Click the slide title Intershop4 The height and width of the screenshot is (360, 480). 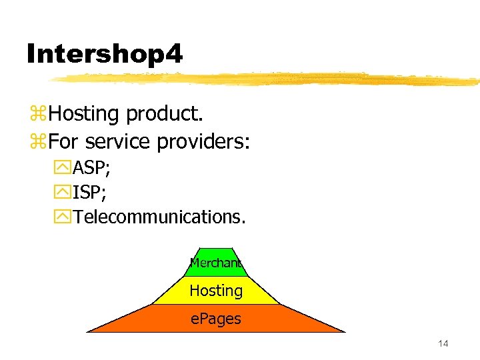(104, 54)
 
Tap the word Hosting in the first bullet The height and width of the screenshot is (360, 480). (83, 114)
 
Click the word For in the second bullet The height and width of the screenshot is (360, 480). (64, 142)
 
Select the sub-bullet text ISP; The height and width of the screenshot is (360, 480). (90, 192)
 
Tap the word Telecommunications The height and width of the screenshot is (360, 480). (159, 216)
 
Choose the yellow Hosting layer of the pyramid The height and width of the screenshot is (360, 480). (216, 291)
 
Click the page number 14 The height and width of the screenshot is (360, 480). (443, 343)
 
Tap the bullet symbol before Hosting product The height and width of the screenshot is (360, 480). (37, 115)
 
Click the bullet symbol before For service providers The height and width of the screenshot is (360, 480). (37, 143)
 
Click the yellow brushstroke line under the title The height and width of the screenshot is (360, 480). (267, 79)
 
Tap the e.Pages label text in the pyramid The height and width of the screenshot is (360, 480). (216, 319)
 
